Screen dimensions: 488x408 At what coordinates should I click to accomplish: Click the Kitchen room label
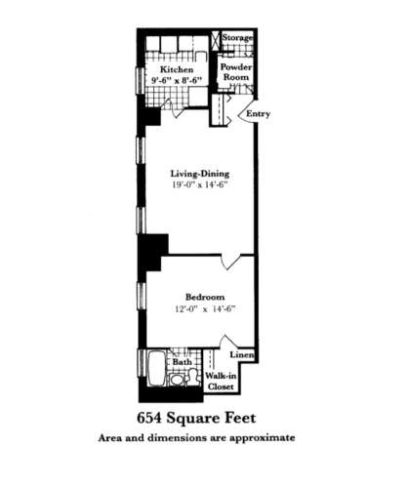(x=177, y=70)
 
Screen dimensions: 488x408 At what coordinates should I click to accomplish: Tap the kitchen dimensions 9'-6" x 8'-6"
(x=177, y=82)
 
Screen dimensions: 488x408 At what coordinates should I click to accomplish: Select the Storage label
(x=237, y=38)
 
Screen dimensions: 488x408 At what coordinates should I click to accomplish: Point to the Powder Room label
(x=237, y=75)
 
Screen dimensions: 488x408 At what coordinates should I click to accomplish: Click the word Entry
(x=258, y=114)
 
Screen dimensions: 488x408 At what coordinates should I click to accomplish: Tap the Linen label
(x=241, y=356)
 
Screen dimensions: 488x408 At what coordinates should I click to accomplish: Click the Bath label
(x=183, y=362)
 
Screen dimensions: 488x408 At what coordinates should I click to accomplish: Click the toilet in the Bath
(x=178, y=379)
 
